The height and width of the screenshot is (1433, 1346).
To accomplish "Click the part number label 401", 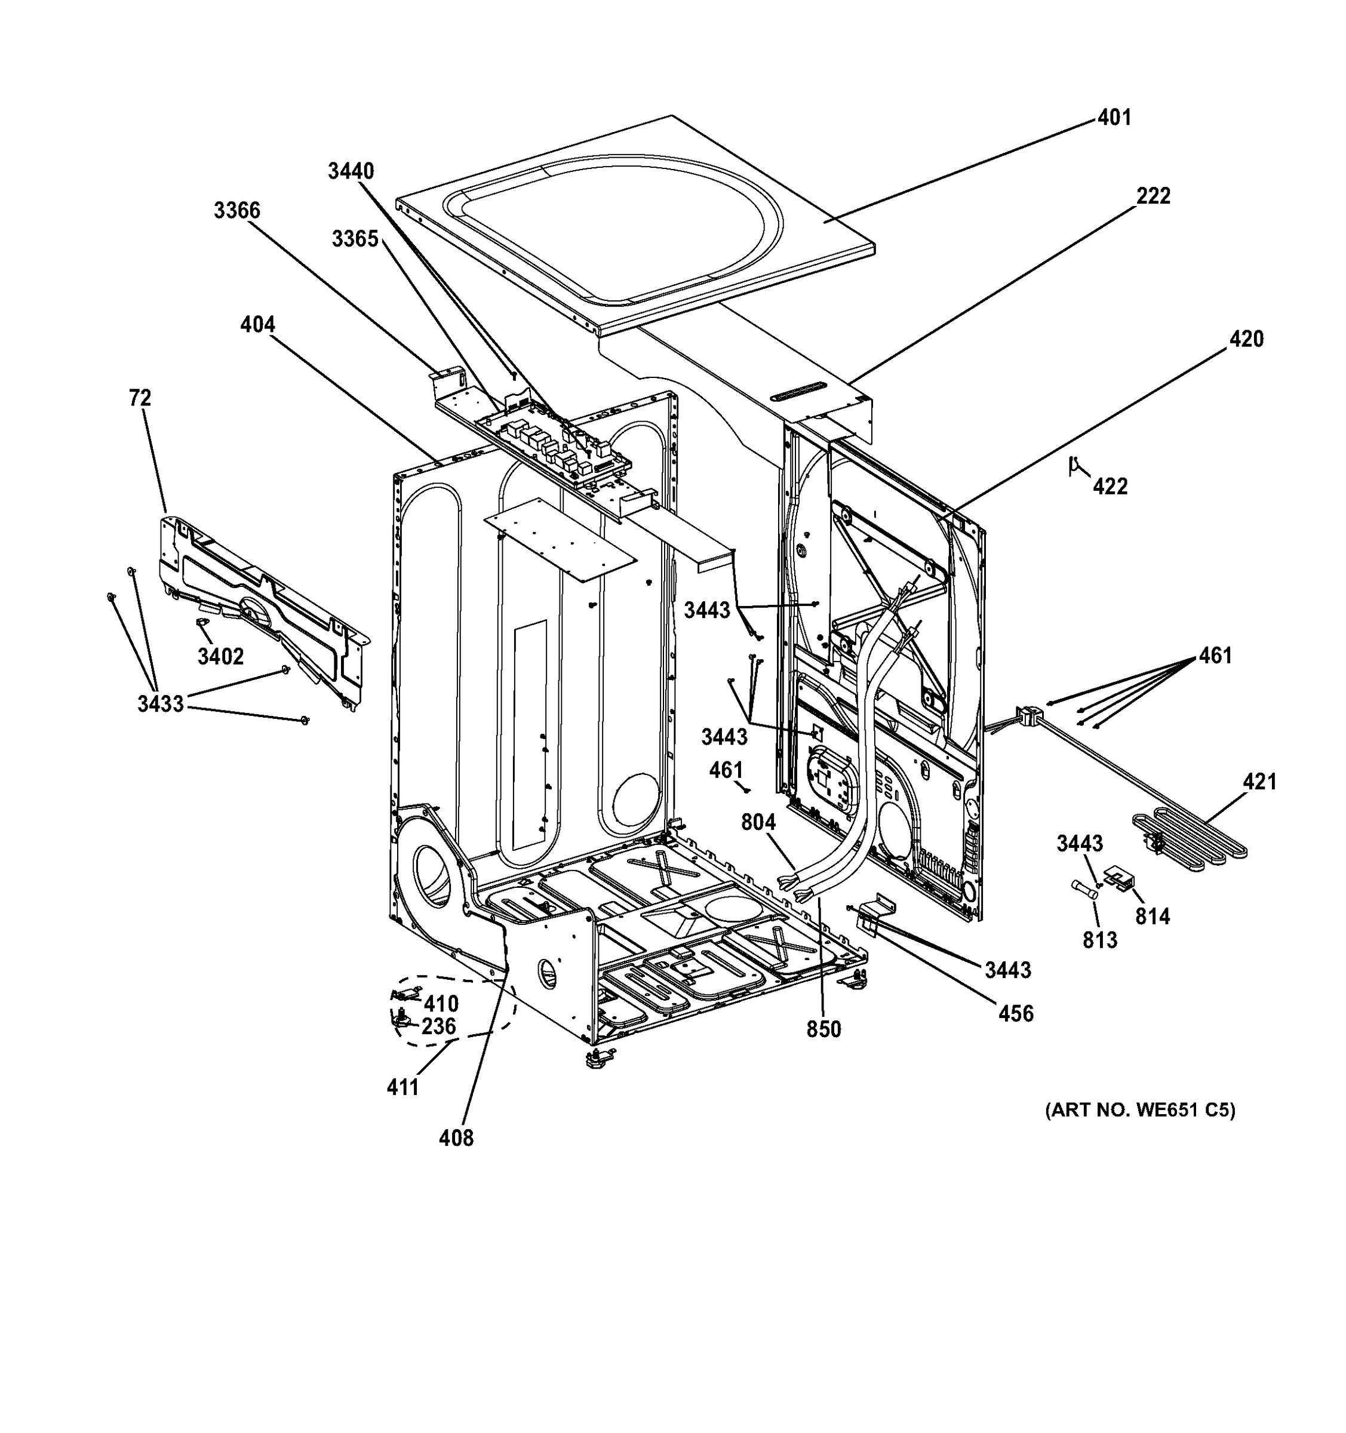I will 1114,118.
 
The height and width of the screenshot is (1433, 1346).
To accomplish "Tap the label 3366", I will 236,211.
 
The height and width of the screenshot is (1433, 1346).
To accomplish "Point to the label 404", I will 257,325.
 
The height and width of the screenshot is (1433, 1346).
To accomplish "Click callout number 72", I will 140,398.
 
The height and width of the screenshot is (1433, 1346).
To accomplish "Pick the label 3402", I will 220,657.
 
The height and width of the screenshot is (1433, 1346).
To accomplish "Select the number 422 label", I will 1110,487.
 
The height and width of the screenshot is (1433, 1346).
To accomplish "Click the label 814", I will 1152,917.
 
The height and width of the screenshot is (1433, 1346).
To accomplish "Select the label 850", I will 823,1029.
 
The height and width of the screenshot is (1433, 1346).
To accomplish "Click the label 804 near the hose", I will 758,822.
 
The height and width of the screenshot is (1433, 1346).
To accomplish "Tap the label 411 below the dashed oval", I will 402,1087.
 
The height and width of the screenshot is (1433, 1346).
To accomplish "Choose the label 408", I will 456,1138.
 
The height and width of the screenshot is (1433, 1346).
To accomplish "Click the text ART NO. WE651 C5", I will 1140,1111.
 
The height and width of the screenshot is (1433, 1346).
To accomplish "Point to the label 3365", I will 355,239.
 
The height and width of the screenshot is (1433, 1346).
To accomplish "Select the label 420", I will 1246,339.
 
